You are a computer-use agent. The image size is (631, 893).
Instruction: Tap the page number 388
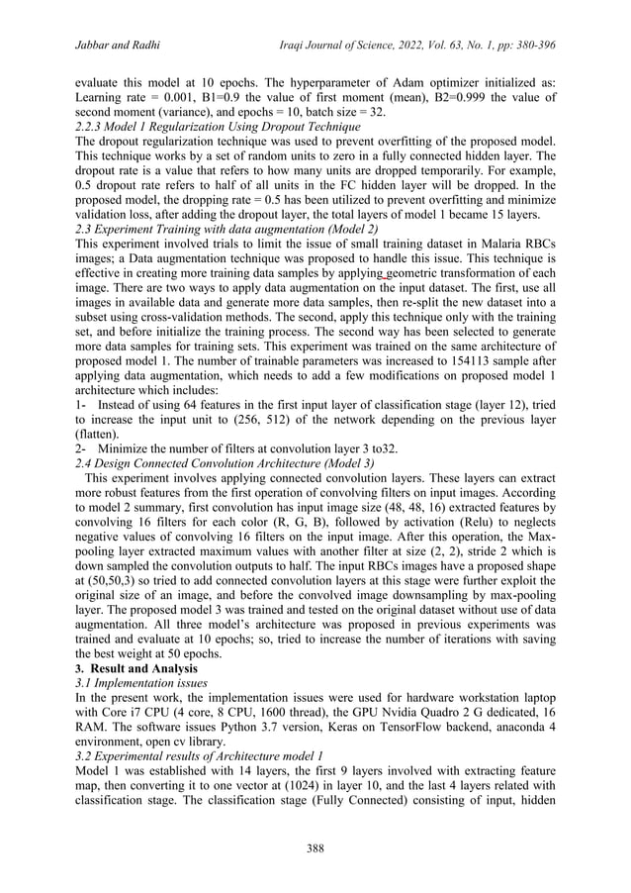click(x=315, y=845)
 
